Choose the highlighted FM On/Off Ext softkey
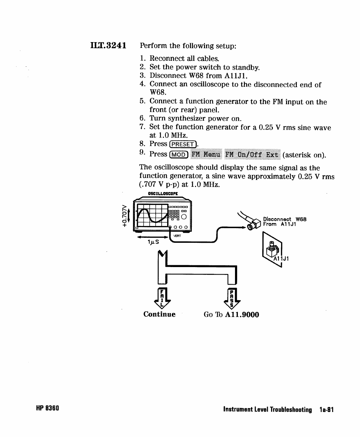(x=252, y=154)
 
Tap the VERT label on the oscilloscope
(x=177, y=236)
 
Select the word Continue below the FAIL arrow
(x=159, y=315)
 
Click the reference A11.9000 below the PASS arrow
(x=241, y=315)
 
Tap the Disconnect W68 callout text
(x=285, y=219)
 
